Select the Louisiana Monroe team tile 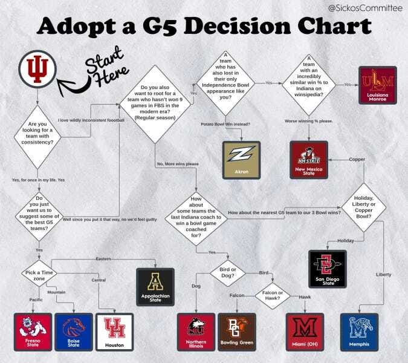click(x=378, y=85)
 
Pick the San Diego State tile click(x=327, y=269)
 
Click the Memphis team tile click(x=360, y=332)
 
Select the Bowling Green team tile click(x=239, y=332)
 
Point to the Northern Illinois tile click(x=196, y=332)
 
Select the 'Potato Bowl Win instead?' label click(x=226, y=124)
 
